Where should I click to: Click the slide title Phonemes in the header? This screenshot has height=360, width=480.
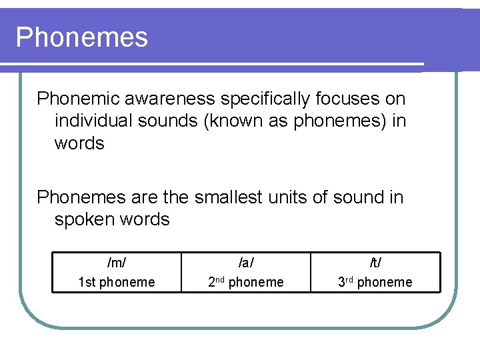click(x=82, y=37)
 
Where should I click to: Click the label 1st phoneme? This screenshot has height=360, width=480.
click(x=116, y=282)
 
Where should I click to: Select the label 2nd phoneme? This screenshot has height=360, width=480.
click(x=245, y=282)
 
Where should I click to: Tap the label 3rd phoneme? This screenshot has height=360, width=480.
click(x=375, y=282)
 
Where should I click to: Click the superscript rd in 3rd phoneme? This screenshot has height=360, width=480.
click(x=349, y=279)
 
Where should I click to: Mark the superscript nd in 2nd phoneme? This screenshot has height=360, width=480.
click(x=220, y=279)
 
